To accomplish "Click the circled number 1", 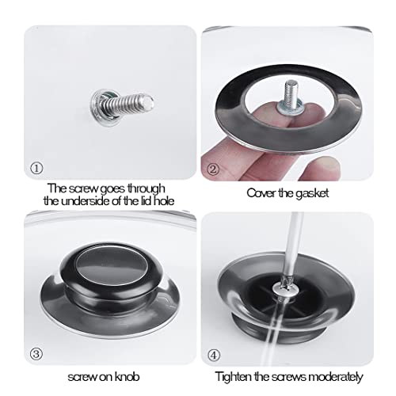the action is point(36,169).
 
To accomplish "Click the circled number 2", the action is point(213,169).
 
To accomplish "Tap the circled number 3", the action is point(36,354).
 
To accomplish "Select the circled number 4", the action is point(214,356).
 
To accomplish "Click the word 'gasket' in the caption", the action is point(312,193).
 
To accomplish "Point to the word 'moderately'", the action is point(336,377).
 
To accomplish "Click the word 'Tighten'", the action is point(234,376).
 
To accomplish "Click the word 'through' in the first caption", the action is point(146,188).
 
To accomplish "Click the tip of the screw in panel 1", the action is point(150,102).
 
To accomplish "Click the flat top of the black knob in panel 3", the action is point(112,267).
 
